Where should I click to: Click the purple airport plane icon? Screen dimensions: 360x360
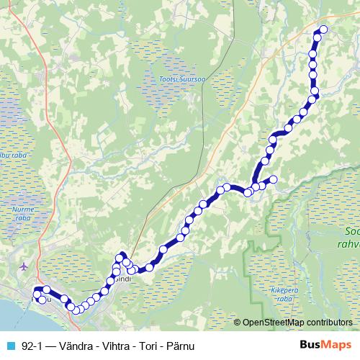click(x=25, y=266)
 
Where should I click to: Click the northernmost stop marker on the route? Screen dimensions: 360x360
click(x=323, y=30)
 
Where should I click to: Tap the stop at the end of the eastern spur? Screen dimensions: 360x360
click(x=273, y=179)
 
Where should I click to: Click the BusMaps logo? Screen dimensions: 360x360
click(x=326, y=345)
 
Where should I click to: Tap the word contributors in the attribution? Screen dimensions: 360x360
click(x=330, y=323)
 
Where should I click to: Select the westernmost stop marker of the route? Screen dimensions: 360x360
click(x=36, y=293)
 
